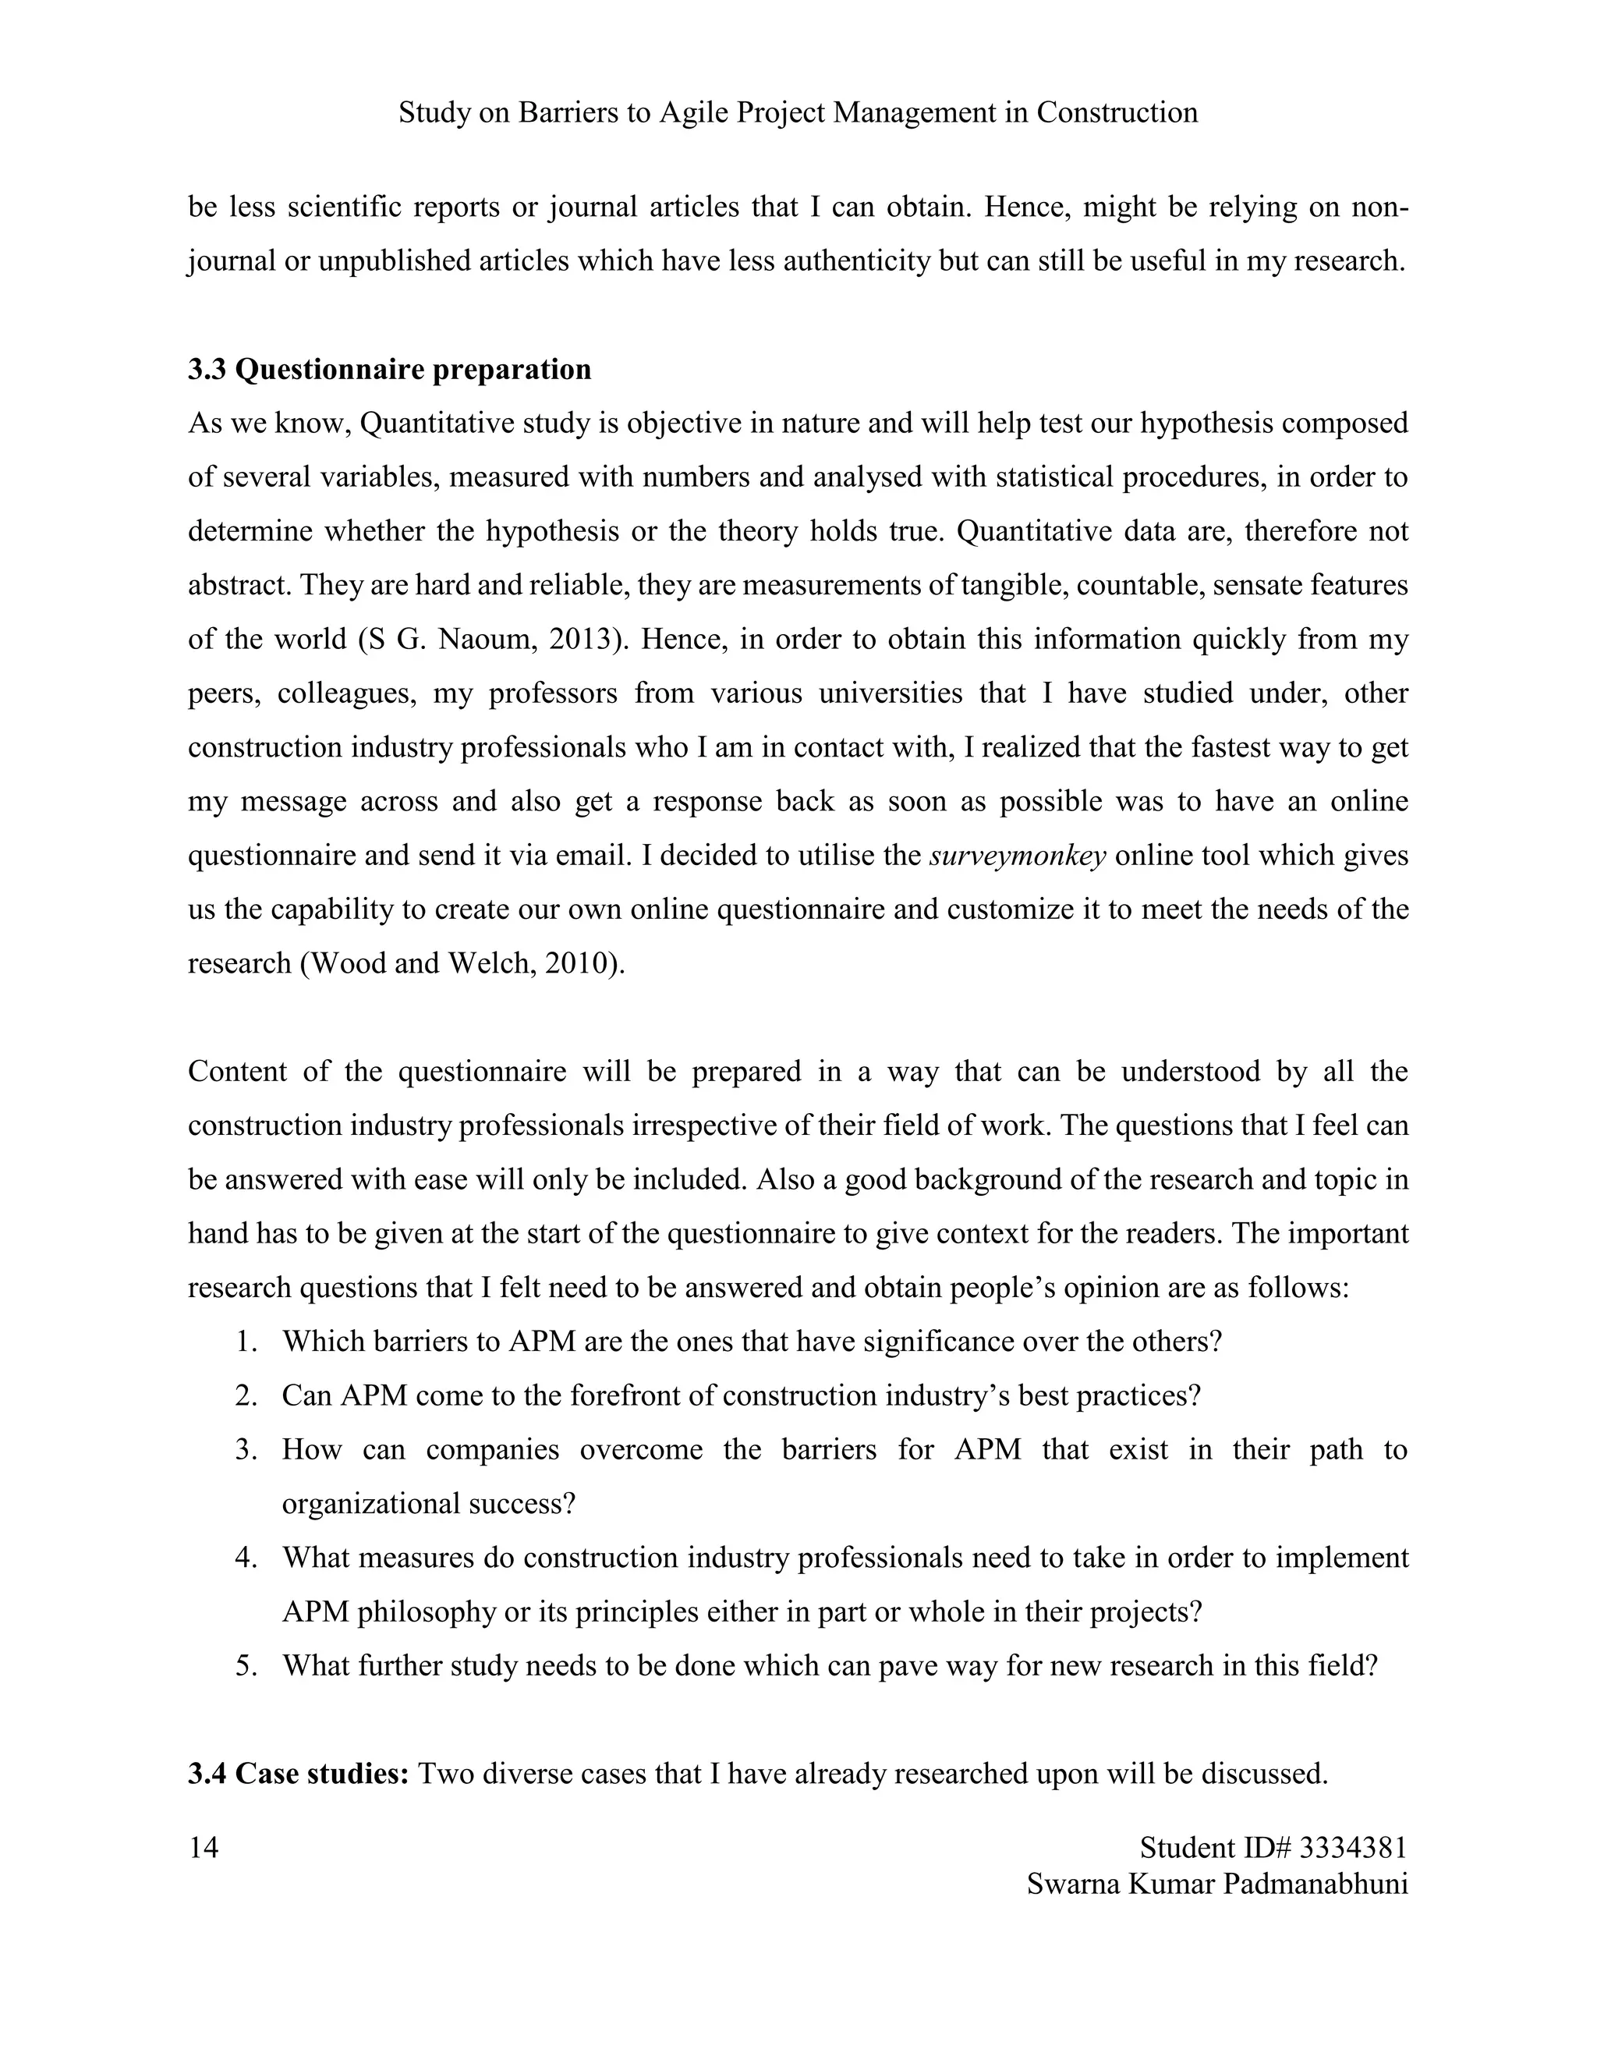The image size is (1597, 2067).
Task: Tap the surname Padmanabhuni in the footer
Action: (x=1314, y=1884)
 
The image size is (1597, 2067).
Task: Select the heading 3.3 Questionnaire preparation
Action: (x=389, y=369)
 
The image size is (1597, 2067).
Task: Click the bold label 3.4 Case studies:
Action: (x=298, y=1773)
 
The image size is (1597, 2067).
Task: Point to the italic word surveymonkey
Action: (x=1018, y=856)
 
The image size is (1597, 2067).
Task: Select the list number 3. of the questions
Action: (x=247, y=1450)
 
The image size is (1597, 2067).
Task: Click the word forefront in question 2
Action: (x=621, y=1396)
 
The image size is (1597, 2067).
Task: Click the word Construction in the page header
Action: (x=1117, y=112)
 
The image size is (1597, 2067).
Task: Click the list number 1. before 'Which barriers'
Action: (x=247, y=1342)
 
